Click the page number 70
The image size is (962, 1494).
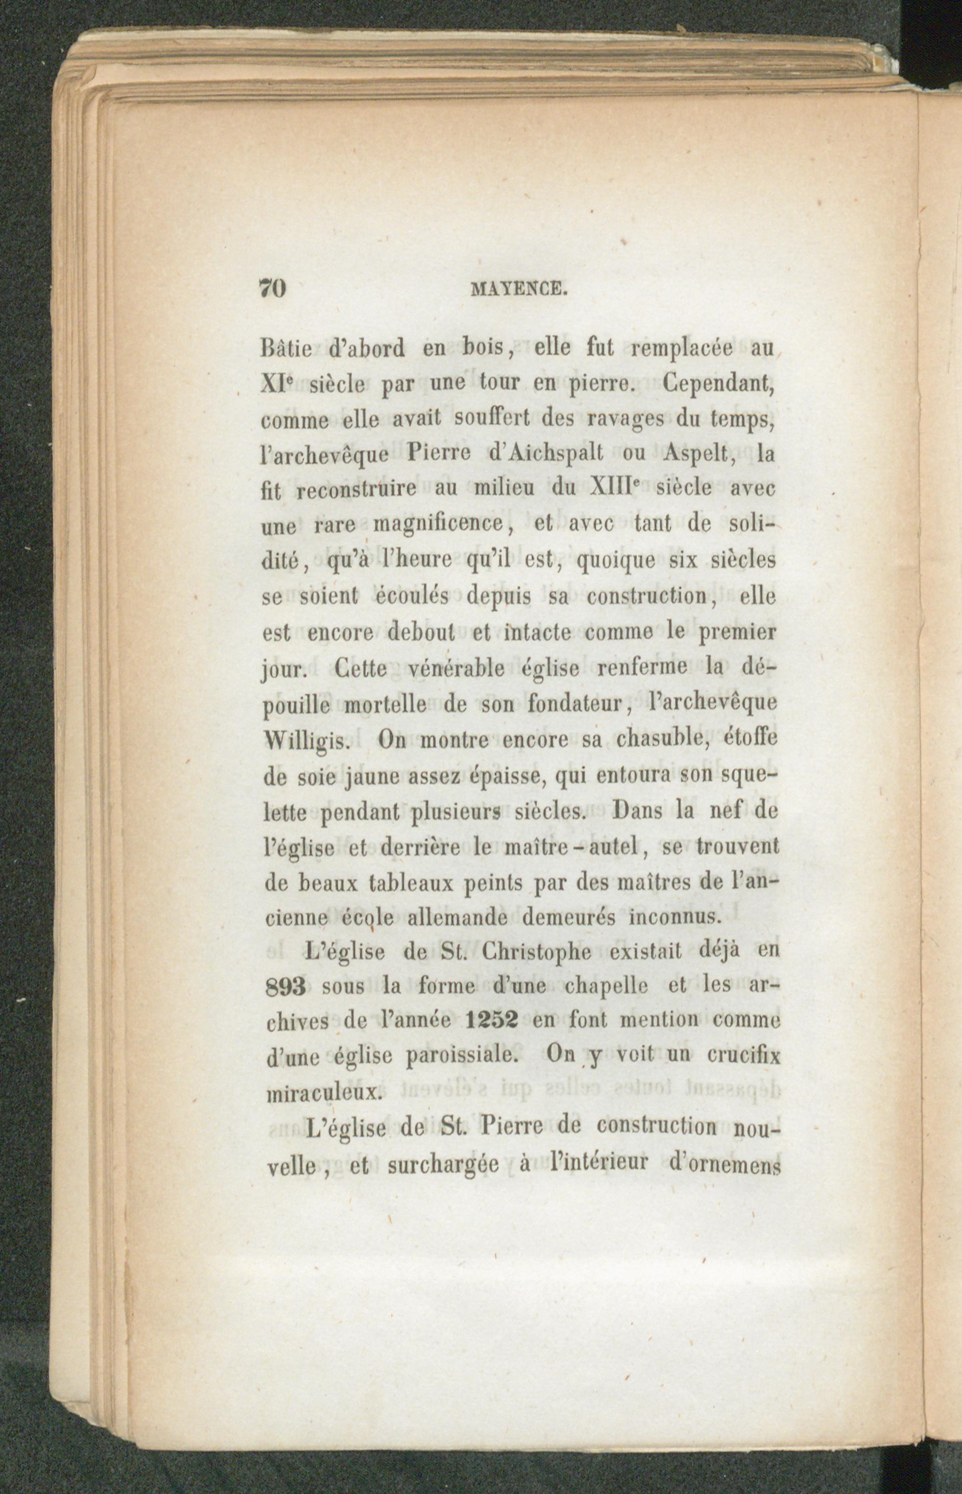coord(272,288)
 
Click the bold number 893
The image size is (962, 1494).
coord(284,988)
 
